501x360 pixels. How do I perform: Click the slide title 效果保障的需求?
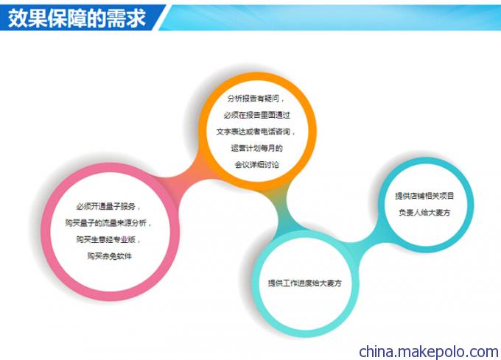click(x=77, y=18)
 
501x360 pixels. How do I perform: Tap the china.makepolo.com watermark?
click(x=429, y=351)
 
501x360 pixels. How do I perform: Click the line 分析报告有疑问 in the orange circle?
click(x=256, y=99)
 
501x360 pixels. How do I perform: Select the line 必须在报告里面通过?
click(x=257, y=115)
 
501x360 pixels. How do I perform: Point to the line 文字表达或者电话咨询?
click(x=256, y=132)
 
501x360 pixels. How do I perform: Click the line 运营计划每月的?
click(x=257, y=148)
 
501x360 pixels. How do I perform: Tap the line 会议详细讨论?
click(x=257, y=165)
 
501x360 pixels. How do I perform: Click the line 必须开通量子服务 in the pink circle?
click(x=108, y=206)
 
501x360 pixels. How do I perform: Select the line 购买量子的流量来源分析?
click(x=108, y=223)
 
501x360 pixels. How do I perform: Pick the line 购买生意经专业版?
click(x=108, y=239)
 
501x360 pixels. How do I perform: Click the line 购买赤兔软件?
click(x=109, y=256)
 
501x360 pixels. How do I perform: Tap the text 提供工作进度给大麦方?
click(x=304, y=283)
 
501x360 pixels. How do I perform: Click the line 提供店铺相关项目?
click(x=424, y=196)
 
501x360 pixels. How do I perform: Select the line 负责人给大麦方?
click(x=424, y=212)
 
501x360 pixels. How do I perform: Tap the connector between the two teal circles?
click(x=368, y=242)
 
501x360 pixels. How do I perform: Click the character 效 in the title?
click(x=18, y=18)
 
